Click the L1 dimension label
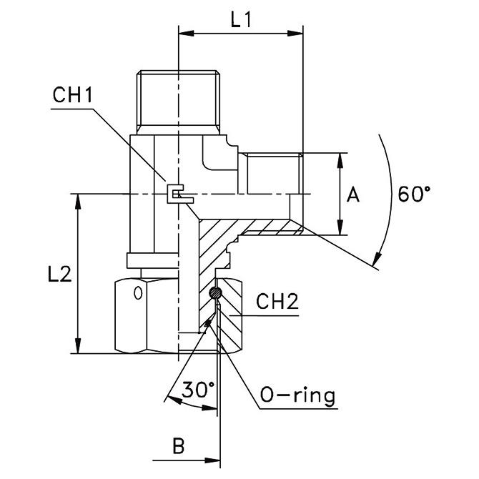click(241, 20)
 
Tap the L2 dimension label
click(59, 274)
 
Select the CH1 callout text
click(73, 95)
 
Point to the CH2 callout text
click(277, 301)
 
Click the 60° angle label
click(414, 194)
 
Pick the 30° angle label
click(199, 390)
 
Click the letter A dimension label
click(353, 194)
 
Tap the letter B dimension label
click(179, 445)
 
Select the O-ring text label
click(297, 396)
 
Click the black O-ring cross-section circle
click(215, 293)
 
